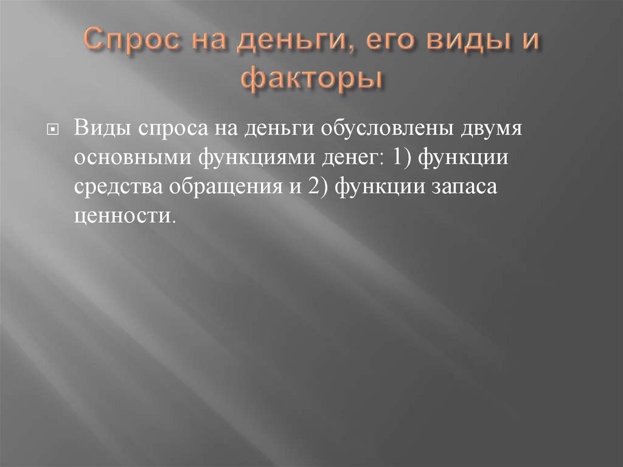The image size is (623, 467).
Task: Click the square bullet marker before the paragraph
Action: [52, 130]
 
